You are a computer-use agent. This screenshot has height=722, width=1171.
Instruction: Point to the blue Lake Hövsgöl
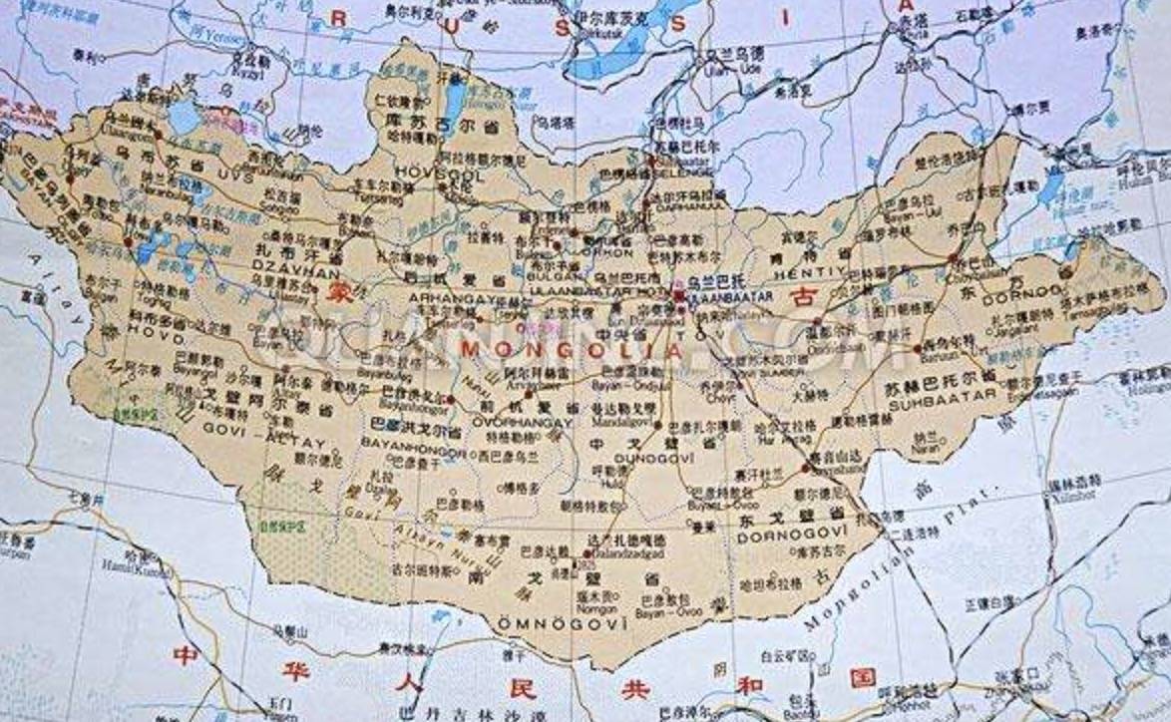(x=452, y=99)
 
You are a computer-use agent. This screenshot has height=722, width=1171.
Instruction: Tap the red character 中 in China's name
(x=185, y=655)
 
